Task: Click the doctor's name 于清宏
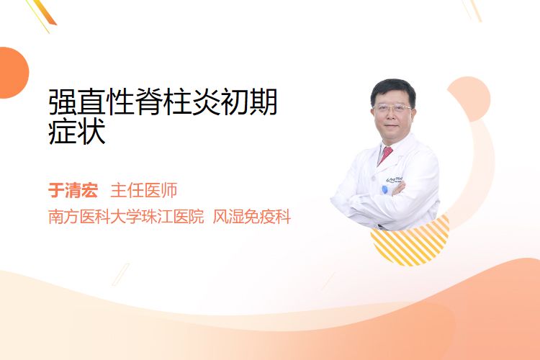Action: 73,190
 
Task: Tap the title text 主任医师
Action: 144,190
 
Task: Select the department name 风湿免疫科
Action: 252,217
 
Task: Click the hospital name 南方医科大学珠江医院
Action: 126,217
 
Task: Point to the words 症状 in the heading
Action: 77,132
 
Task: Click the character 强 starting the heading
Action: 63,102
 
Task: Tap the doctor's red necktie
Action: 385,155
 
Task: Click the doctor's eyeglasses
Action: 392,108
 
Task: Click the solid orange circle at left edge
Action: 13,73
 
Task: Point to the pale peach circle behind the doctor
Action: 469,99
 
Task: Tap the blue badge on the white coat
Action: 384,189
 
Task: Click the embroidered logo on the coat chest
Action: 395,179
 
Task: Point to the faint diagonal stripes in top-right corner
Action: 472,9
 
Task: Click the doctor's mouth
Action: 392,127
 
